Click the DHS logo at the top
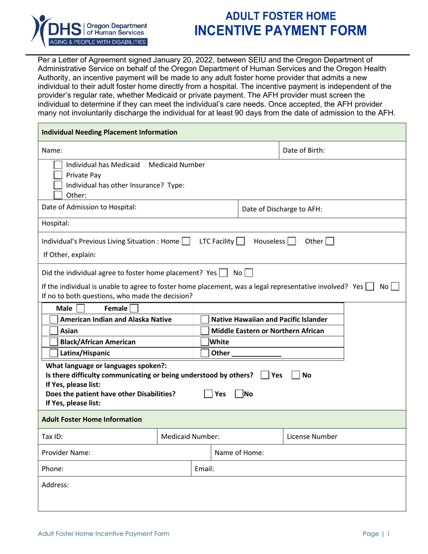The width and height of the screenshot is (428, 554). [88, 30]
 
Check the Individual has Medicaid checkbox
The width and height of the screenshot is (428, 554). [58, 165]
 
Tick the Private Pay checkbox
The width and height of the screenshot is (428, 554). [58, 175]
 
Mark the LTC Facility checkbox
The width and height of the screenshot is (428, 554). [240, 241]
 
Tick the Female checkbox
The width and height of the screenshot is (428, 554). [133, 309]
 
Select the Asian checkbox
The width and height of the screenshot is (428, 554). [54, 331]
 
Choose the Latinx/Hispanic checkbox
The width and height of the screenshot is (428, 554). [54, 353]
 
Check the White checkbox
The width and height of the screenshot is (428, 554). [205, 342]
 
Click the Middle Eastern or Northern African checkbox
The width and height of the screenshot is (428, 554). [205, 331]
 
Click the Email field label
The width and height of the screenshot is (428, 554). [204, 468]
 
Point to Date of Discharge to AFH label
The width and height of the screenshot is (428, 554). [282, 209]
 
